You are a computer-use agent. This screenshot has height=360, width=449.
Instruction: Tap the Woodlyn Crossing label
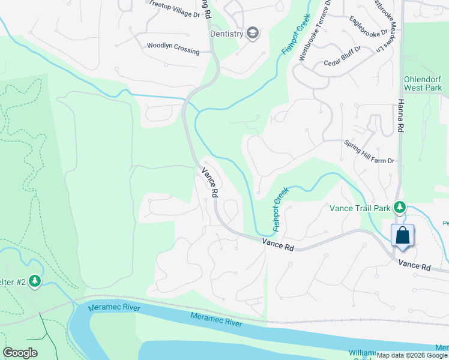pos(173,48)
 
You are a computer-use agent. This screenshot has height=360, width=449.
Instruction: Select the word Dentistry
pos(226,34)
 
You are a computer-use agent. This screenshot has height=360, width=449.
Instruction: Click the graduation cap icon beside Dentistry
pos(253,33)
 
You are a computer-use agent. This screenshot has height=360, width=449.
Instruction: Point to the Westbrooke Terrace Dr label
pos(315,31)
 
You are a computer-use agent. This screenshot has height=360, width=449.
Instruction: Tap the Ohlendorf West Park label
pos(423,83)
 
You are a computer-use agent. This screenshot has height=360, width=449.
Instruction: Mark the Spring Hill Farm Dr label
pos(369,152)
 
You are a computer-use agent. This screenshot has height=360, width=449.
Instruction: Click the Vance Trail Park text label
pos(360,208)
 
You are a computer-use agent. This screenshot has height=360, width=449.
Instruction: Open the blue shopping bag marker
pos(402,235)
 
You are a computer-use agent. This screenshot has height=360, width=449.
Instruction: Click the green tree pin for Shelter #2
pos(35,281)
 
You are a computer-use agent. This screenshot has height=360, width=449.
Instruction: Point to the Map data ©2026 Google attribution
pos(412,355)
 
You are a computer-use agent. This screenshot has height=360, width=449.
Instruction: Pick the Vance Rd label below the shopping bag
pos(415,265)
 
